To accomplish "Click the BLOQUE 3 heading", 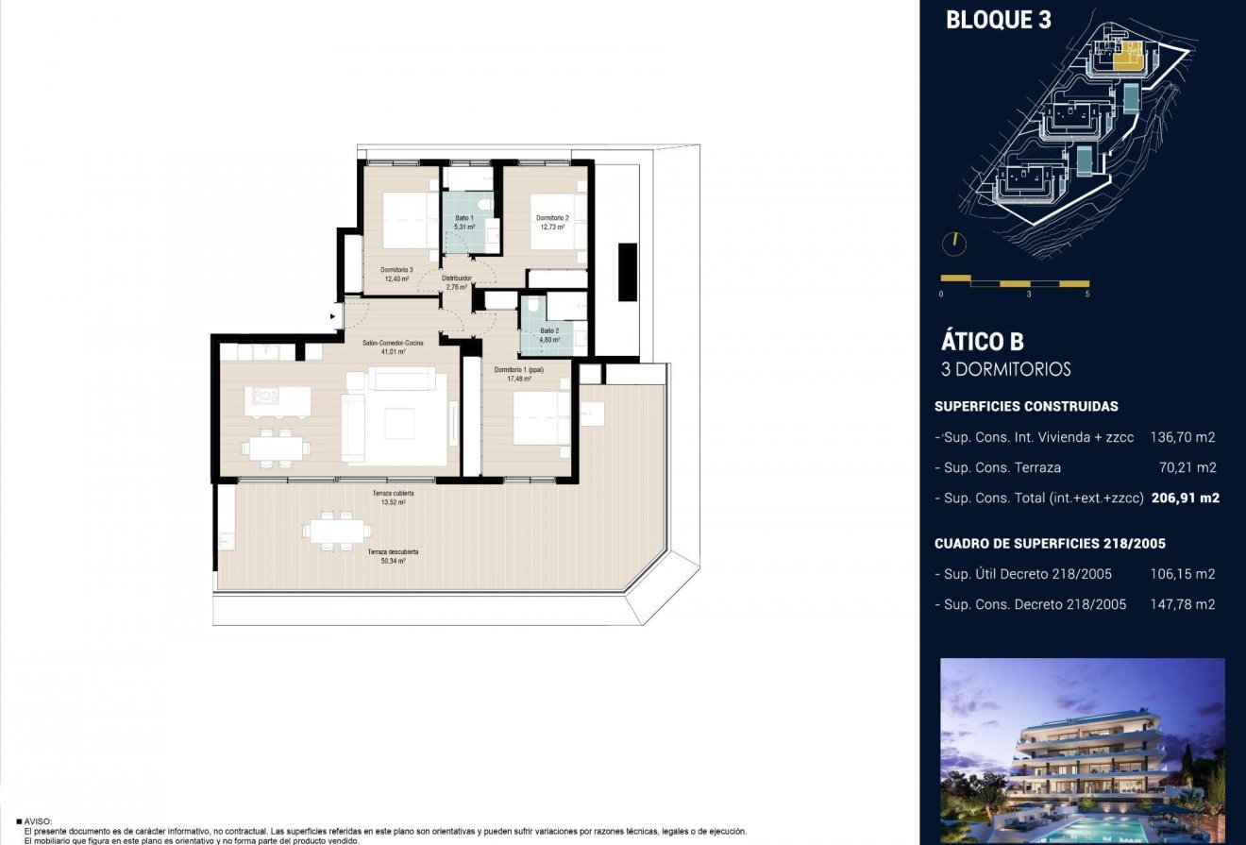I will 998,20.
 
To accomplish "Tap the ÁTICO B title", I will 983,342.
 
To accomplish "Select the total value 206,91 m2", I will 1186,498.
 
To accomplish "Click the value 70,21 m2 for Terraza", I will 1187,467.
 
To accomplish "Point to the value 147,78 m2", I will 1183,604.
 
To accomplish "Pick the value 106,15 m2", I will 1183,574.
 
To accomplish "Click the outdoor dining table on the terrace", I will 335,532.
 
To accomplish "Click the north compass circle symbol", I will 954,243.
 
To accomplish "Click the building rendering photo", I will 1083,751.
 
